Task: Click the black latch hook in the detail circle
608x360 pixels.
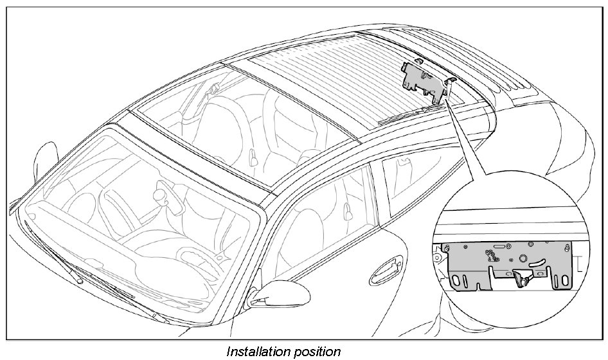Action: point(522,277)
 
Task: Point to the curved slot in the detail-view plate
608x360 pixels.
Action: point(501,247)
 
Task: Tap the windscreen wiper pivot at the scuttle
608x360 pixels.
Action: point(79,280)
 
